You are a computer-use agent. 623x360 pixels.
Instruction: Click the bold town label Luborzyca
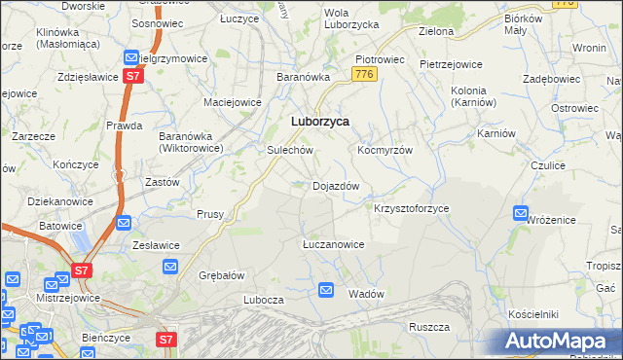320,123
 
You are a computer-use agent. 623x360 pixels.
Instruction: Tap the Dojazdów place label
336,186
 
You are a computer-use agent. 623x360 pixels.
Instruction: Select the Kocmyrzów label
385,151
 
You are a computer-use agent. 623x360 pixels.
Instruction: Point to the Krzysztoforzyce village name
411,208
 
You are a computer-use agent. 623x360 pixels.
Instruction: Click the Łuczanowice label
333,244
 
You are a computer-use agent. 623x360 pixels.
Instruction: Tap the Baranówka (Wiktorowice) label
191,143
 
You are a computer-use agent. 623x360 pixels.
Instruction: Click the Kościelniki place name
532,314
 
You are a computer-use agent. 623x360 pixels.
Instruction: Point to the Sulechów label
289,151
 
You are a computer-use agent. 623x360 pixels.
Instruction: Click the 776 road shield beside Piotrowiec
365,75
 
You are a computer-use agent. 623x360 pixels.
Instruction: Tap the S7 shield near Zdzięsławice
132,76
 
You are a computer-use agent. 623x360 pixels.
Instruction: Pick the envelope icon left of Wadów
327,290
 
